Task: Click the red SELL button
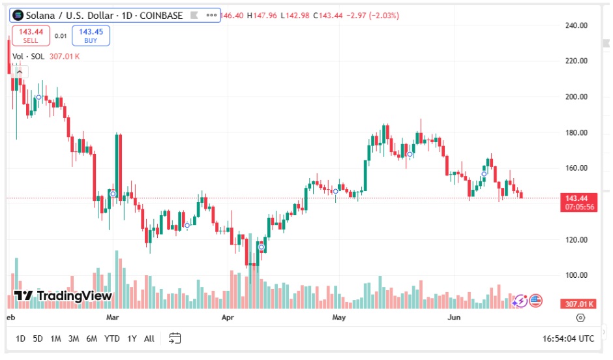tap(31, 35)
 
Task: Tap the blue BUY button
tap(91, 35)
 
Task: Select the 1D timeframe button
tap(21, 338)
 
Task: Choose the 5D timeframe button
tap(38, 338)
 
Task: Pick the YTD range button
tap(112, 338)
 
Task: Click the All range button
tap(149, 338)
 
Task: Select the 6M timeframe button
tap(92, 338)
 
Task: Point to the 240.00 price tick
tap(576, 25)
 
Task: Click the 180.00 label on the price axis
tap(576, 132)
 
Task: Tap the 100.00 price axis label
tap(576, 275)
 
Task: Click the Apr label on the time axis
tap(228, 318)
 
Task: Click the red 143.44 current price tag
tap(576, 198)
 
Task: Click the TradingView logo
tap(63, 296)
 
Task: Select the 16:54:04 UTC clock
tap(568, 338)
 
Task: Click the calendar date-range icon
tap(175, 338)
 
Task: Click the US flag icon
tap(535, 301)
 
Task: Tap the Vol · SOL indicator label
tap(29, 57)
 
